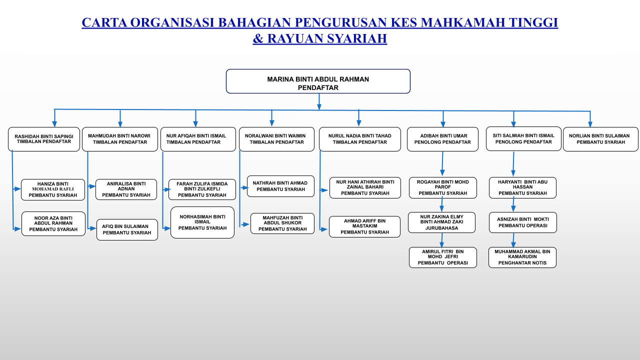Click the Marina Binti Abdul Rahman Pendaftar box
pyautogui.click(x=318, y=81)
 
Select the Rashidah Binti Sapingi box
pyautogui.click(x=44, y=139)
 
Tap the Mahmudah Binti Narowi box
pyautogui.click(x=120, y=139)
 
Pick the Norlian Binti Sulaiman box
pyautogui.click(x=600, y=139)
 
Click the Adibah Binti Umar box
pyautogui.click(x=442, y=139)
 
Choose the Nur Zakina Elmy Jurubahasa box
pyautogui.click(x=441, y=222)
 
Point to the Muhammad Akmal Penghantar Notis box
pyautogui.click(x=522, y=257)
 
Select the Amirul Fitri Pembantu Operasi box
pyautogui.click(x=443, y=257)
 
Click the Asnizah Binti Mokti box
pyautogui.click(x=523, y=222)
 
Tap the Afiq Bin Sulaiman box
pyautogui.click(x=127, y=229)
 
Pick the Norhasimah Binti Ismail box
pyautogui.click(x=202, y=222)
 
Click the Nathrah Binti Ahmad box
pyautogui.click(x=280, y=186)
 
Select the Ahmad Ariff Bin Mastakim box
pyautogui.click(x=364, y=227)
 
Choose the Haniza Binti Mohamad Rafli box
pyautogui.click(x=53, y=189)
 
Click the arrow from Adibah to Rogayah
pyautogui.click(x=442, y=163)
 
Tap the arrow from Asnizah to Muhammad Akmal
pyautogui.click(x=513, y=240)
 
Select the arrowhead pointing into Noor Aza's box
pyautogui.click(x=17, y=229)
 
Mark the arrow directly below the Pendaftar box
pyautogui.click(x=319, y=101)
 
